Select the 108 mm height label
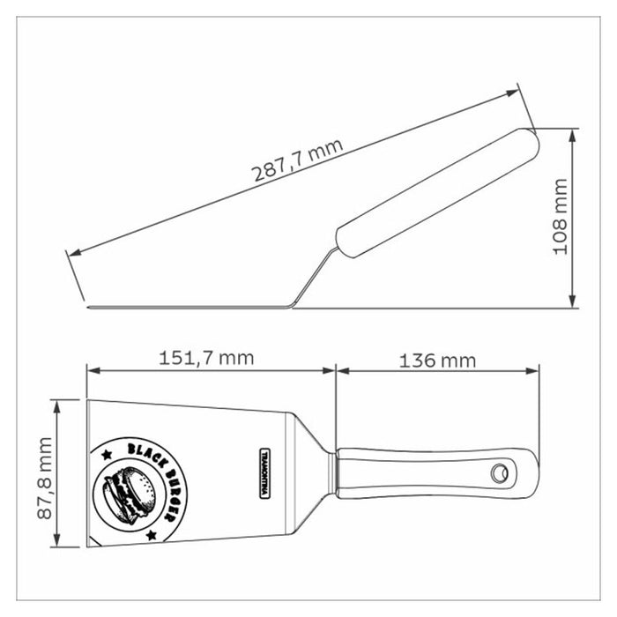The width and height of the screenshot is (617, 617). (x=561, y=217)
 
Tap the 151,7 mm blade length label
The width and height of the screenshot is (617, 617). (x=206, y=359)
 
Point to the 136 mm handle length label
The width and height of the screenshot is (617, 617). (x=437, y=361)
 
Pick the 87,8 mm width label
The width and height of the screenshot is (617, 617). (x=44, y=478)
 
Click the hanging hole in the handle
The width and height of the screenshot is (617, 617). (x=500, y=472)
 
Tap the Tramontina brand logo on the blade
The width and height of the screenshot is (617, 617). (x=264, y=473)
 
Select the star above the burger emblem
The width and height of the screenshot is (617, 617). (x=107, y=456)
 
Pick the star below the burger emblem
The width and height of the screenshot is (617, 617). (x=151, y=535)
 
